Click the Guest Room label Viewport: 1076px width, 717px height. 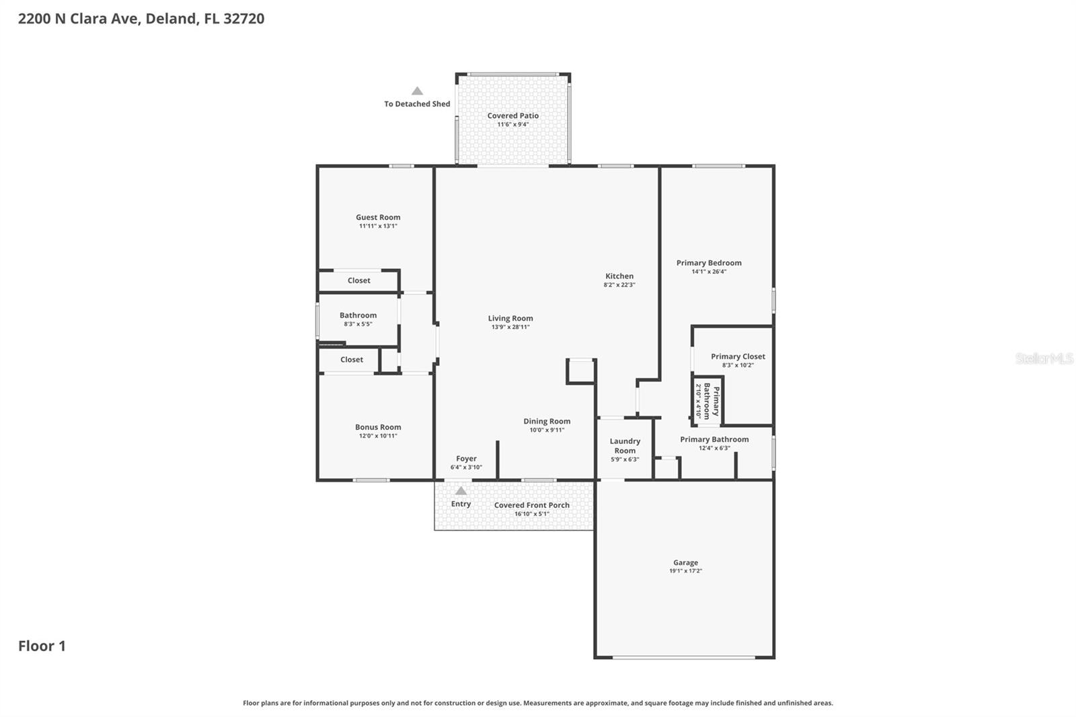click(x=378, y=217)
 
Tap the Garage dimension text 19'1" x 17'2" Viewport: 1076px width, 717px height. click(x=685, y=571)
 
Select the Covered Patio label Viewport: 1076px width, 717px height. click(x=512, y=116)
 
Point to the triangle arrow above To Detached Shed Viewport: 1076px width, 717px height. click(x=417, y=91)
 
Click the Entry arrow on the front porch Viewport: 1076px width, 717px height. click(x=461, y=491)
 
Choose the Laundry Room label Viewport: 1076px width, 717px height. click(x=625, y=446)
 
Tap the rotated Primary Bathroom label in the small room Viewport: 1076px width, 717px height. click(x=712, y=402)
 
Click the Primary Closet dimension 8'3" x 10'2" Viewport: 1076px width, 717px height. click(x=738, y=365)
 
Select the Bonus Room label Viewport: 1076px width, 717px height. click(x=378, y=427)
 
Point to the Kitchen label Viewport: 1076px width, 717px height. click(x=619, y=276)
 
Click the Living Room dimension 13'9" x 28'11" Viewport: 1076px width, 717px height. click(x=510, y=328)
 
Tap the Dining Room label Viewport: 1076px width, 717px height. click(x=547, y=421)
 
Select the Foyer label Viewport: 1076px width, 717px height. click(x=466, y=459)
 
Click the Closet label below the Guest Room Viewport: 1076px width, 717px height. click(x=358, y=280)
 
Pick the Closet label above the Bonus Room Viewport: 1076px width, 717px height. click(x=351, y=360)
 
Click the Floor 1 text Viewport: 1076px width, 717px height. click(x=42, y=646)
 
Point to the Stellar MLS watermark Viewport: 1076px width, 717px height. click(x=1044, y=358)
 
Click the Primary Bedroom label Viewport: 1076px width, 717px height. click(x=709, y=263)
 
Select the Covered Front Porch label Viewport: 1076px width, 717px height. click(x=531, y=505)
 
